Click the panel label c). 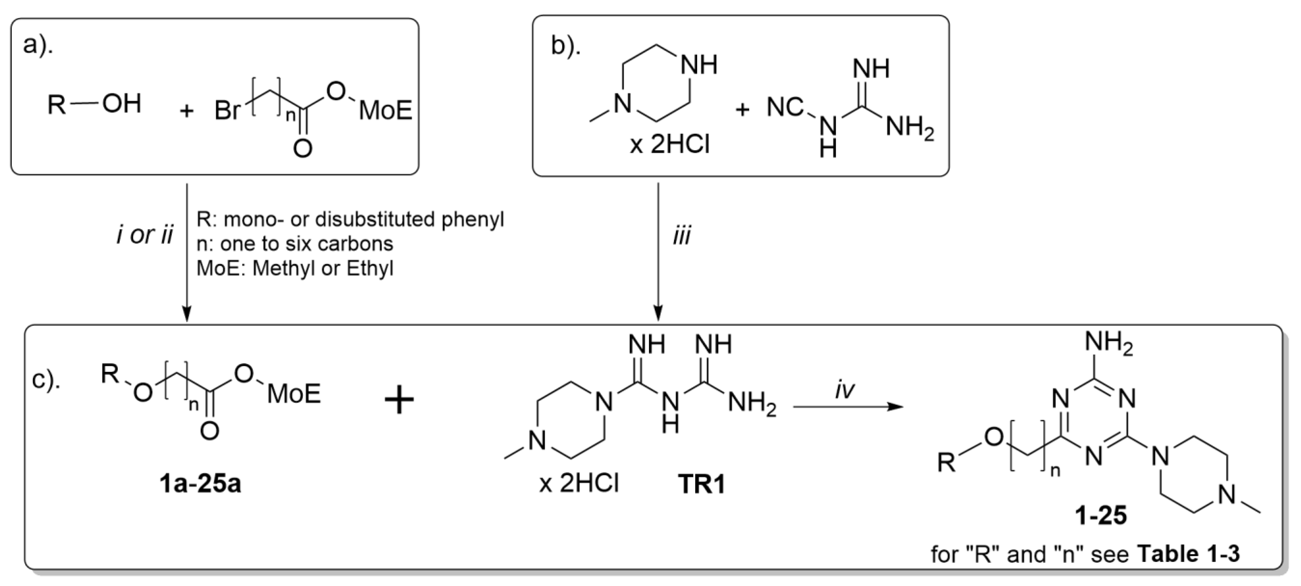tap(46, 380)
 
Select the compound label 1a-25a tap(200, 484)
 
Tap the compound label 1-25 tap(1101, 516)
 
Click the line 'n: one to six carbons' tap(294, 244)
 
